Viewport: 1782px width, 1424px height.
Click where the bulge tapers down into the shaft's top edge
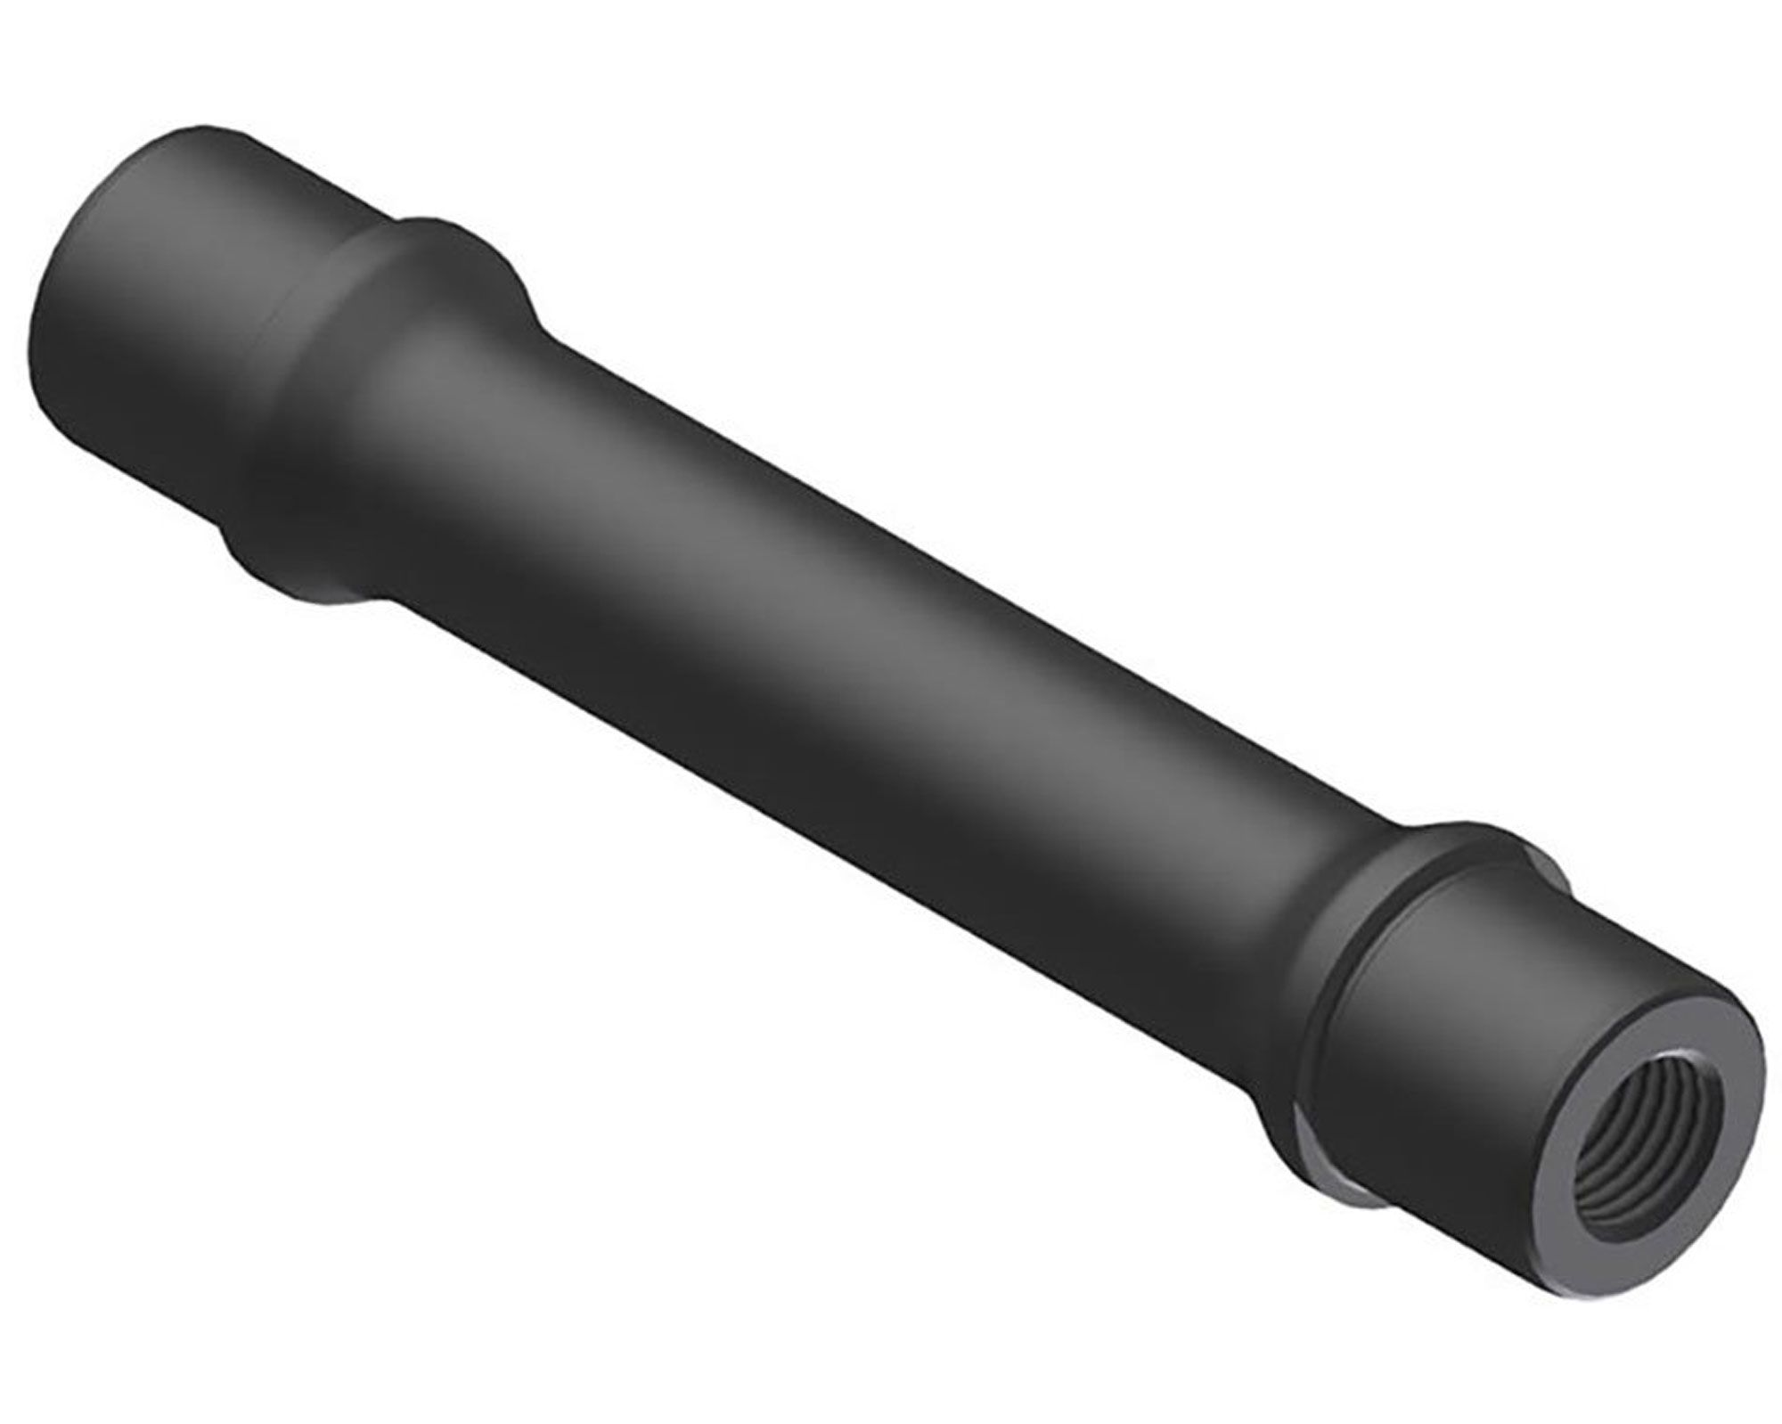[535, 321]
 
